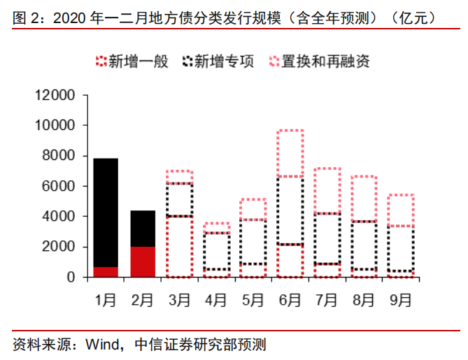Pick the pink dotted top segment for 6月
[290, 153]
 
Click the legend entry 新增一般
[132, 61]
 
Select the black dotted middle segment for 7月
[327, 238]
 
